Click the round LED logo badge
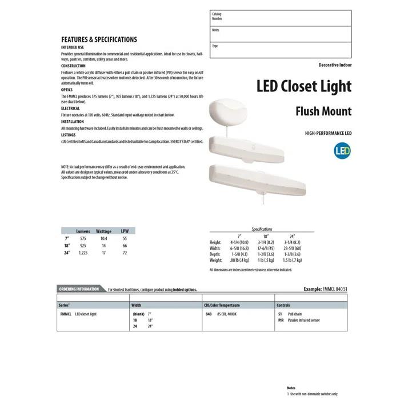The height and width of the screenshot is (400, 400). [342, 151]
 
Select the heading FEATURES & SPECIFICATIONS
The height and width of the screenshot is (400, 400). [99, 39]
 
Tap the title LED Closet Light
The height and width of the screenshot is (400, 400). [303, 86]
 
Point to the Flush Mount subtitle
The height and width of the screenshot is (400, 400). [323, 111]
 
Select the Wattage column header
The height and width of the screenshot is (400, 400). [103, 231]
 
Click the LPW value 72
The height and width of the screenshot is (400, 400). [125, 253]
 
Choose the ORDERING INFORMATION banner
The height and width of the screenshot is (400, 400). [79, 289]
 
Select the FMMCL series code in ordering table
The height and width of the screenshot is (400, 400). [65, 314]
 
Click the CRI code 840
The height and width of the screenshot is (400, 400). [208, 314]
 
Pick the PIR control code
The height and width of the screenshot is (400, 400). [281, 321]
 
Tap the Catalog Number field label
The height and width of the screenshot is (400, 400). [217, 16]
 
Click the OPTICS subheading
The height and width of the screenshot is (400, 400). [67, 90]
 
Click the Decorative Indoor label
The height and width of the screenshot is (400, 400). [335, 65]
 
